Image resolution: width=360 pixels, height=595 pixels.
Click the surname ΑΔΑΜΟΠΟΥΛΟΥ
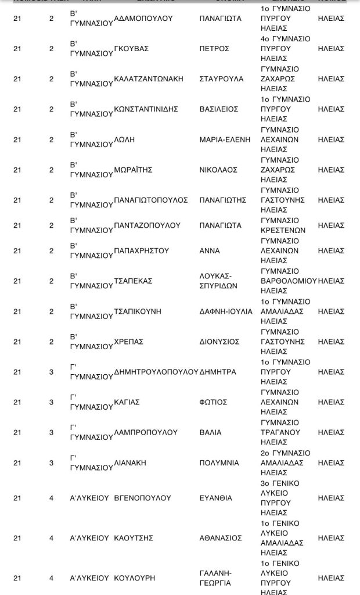point(144,19)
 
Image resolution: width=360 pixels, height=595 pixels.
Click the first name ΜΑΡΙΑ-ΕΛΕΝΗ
point(225,139)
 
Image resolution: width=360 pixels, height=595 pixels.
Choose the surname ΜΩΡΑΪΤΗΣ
point(134,170)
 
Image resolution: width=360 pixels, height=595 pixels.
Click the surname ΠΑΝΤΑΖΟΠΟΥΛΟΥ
point(147,225)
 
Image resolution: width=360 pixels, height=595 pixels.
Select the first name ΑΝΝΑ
point(210,251)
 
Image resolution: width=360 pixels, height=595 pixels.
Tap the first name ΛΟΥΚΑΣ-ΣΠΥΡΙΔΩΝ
point(216,281)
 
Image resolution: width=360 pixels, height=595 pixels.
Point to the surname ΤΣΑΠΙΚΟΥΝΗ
point(138,311)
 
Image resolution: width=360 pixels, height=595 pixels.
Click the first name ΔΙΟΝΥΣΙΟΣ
point(219,342)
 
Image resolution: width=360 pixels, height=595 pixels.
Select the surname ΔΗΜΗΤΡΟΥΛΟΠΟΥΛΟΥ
point(156,372)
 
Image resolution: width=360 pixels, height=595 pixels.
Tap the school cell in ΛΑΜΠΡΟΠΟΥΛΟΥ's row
point(280,432)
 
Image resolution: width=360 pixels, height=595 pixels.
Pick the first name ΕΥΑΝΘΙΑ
point(216,498)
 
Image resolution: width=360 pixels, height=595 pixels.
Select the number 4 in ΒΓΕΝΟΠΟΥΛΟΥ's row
point(51,498)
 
